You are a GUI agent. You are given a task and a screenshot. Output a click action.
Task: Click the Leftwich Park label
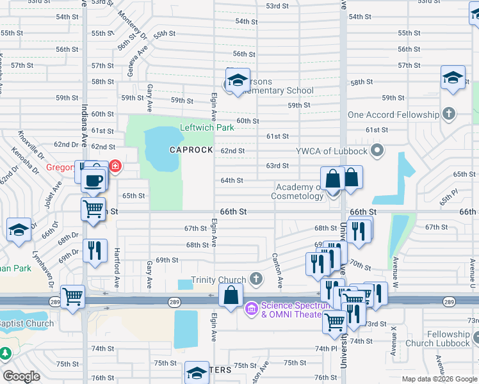click(x=207, y=127)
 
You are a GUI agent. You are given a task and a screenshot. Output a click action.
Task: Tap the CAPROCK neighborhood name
click(x=190, y=149)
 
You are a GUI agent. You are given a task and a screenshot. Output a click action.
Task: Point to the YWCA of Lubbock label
click(x=331, y=151)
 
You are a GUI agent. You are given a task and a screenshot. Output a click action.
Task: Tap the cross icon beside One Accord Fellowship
click(x=449, y=115)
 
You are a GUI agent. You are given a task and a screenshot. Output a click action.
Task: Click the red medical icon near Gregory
click(x=115, y=167)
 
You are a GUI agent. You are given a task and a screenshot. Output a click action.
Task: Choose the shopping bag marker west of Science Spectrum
click(x=231, y=296)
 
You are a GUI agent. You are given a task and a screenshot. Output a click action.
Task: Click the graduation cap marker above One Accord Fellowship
click(x=453, y=78)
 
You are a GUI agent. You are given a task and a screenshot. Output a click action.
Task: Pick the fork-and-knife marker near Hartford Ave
click(x=95, y=250)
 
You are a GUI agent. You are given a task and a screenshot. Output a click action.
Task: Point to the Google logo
click(x=21, y=376)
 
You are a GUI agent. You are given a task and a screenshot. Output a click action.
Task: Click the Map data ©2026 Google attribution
click(x=439, y=379)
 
